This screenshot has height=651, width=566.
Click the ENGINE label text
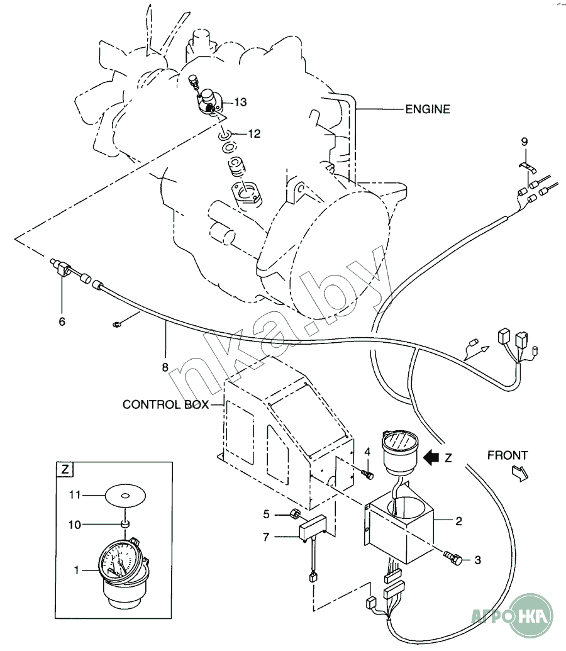(428, 109)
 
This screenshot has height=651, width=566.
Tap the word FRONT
(507, 455)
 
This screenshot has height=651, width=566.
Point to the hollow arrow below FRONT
(521, 472)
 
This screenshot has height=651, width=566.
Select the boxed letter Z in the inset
(65, 469)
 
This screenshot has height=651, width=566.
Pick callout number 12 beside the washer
(253, 133)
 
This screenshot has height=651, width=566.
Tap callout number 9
(524, 142)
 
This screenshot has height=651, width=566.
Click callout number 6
(62, 321)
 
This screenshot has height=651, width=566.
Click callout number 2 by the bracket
(459, 521)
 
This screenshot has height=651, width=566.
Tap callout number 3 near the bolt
(477, 559)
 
